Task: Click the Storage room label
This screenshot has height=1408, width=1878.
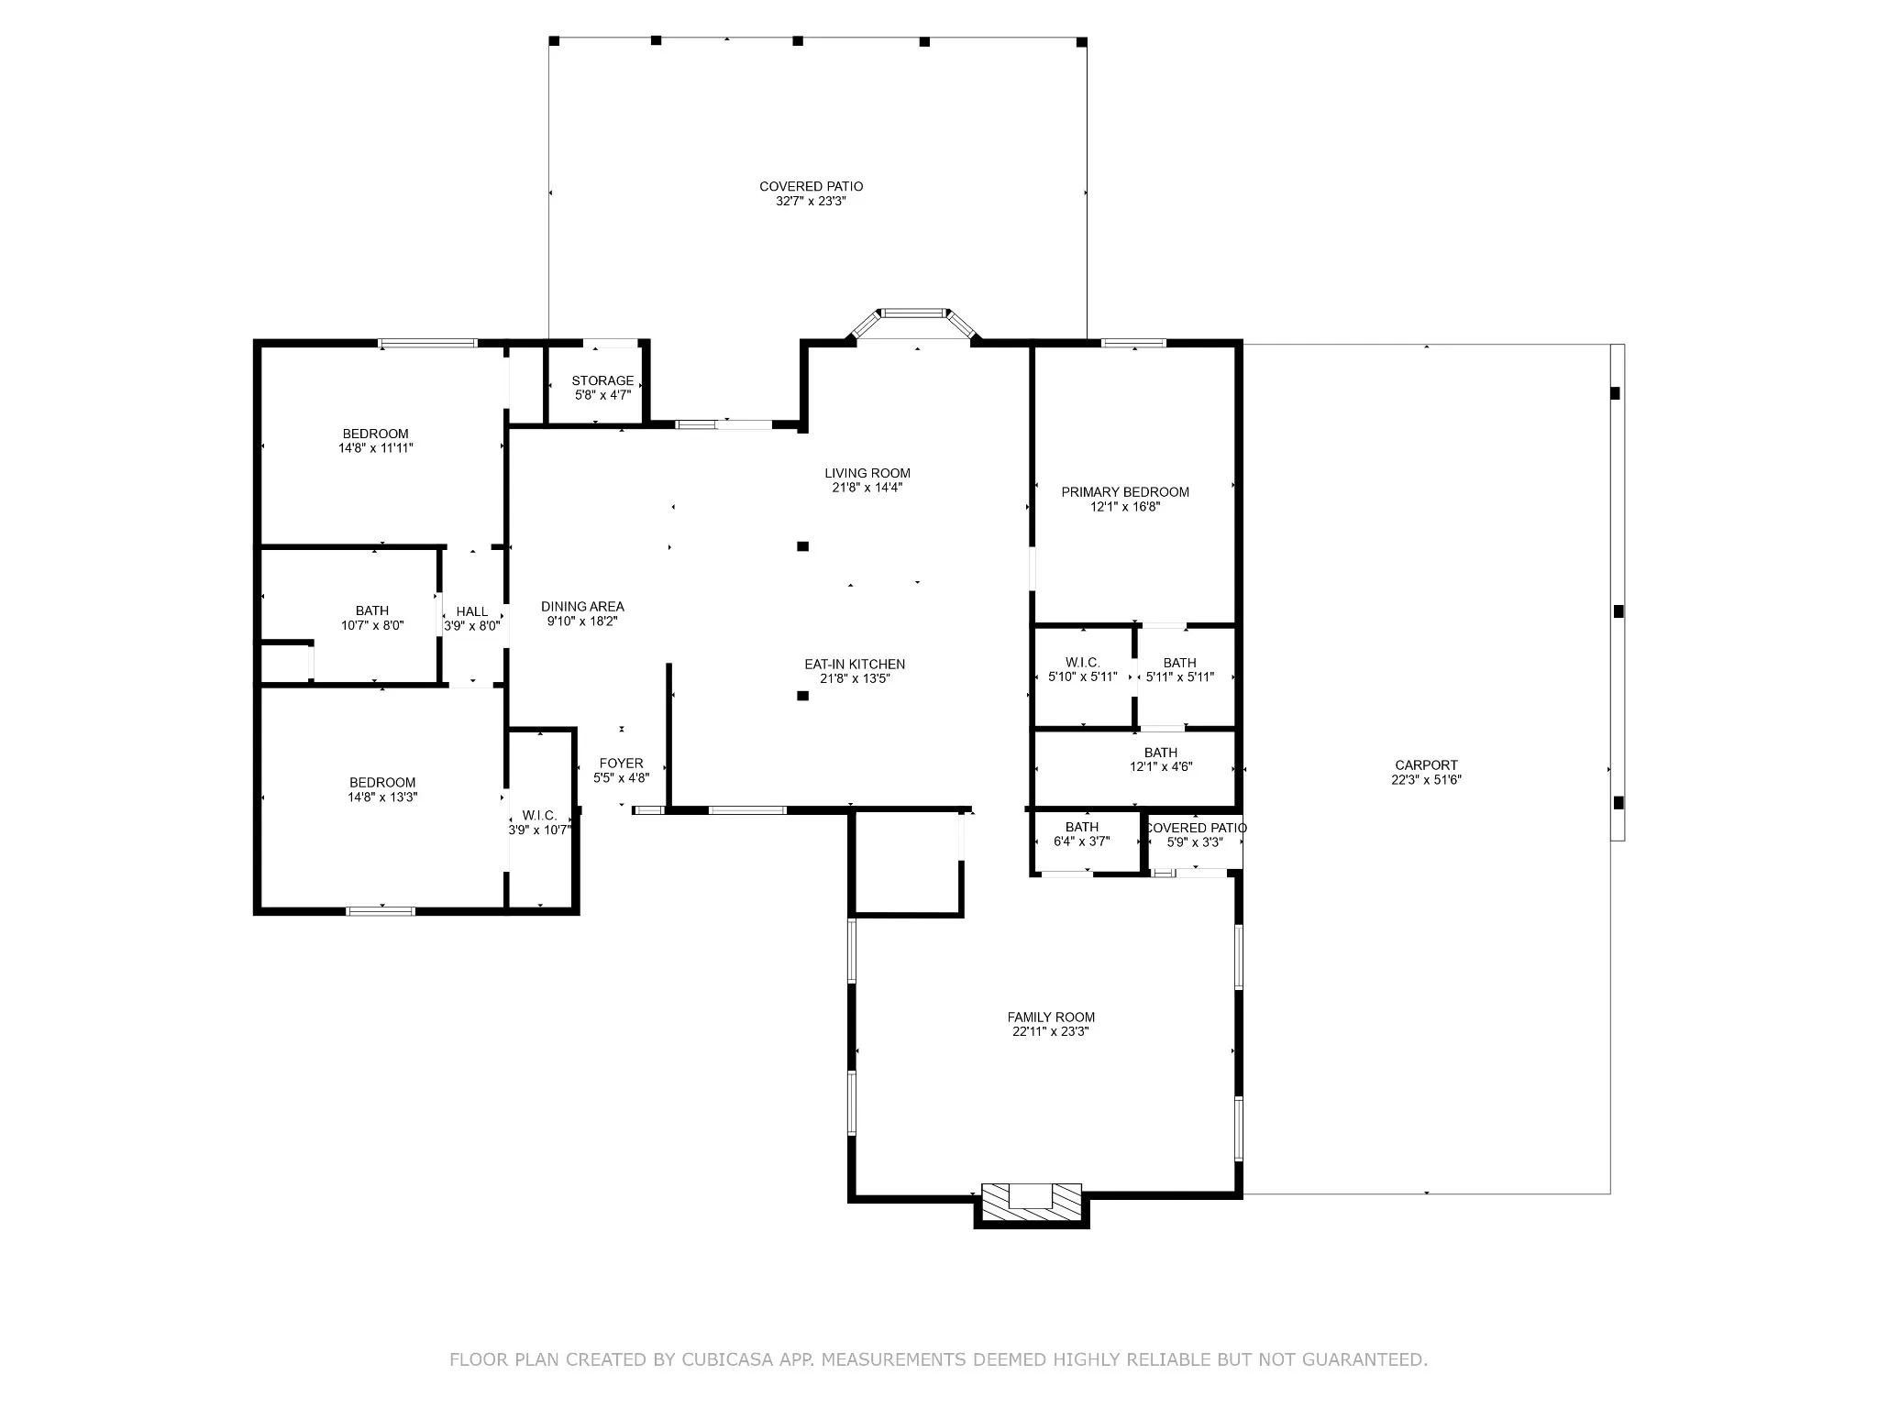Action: pyautogui.click(x=602, y=380)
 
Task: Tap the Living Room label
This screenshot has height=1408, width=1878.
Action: pyautogui.click(x=867, y=473)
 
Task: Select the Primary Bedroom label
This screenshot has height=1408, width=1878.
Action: pyautogui.click(x=1125, y=491)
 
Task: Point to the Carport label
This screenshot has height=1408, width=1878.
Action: pyautogui.click(x=1426, y=764)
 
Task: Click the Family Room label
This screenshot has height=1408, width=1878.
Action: pyautogui.click(x=1051, y=1017)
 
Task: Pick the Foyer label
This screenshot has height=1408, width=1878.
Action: pyautogui.click(x=621, y=763)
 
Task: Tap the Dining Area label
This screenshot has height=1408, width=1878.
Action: pyautogui.click(x=582, y=606)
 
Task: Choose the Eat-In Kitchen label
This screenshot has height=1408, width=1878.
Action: pyautogui.click(x=855, y=664)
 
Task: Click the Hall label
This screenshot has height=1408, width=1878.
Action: pyautogui.click(x=472, y=611)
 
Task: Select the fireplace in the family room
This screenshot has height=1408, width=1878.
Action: pyautogui.click(x=1032, y=1204)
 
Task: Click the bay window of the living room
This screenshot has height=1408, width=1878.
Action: pyautogui.click(x=913, y=323)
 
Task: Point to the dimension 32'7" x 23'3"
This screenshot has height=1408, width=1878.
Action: pyautogui.click(x=811, y=201)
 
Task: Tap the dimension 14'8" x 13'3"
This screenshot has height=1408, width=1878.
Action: pyautogui.click(x=382, y=797)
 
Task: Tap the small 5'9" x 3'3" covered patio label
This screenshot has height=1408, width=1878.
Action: pyautogui.click(x=1196, y=828)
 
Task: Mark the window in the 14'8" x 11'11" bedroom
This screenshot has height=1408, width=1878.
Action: pyautogui.click(x=428, y=344)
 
